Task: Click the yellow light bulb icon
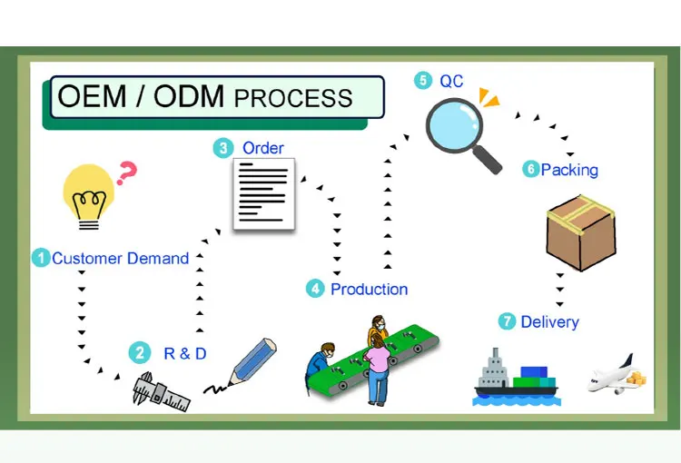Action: coord(89,196)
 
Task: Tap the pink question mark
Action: coord(126,172)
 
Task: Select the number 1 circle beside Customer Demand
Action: coord(41,258)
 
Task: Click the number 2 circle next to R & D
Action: coord(140,352)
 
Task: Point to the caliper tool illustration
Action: coord(161,392)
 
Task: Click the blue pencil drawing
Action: coord(252,362)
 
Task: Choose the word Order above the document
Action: coord(262,148)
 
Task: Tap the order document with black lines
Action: coord(264,193)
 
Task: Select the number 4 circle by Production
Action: coord(315,289)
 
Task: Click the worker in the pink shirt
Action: coord(377,369)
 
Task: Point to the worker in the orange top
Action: coord(378,330)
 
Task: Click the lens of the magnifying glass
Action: coord(454,125)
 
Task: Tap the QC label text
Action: coord(451,81)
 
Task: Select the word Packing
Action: coord(569,170)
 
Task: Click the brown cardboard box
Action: coord(581,232)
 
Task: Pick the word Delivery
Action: coord(550,322)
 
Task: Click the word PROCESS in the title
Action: coord(293,98)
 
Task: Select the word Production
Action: coord(370,290)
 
